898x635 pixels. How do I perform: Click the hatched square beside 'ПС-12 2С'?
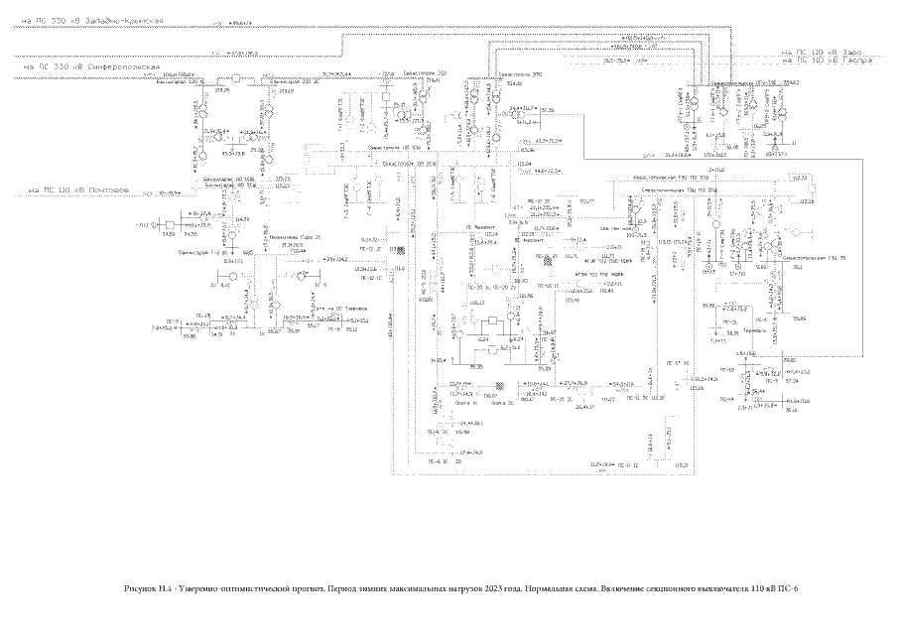[392, 249]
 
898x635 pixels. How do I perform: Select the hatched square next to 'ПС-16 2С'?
[561, 258]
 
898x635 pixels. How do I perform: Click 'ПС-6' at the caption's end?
[788, 587]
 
